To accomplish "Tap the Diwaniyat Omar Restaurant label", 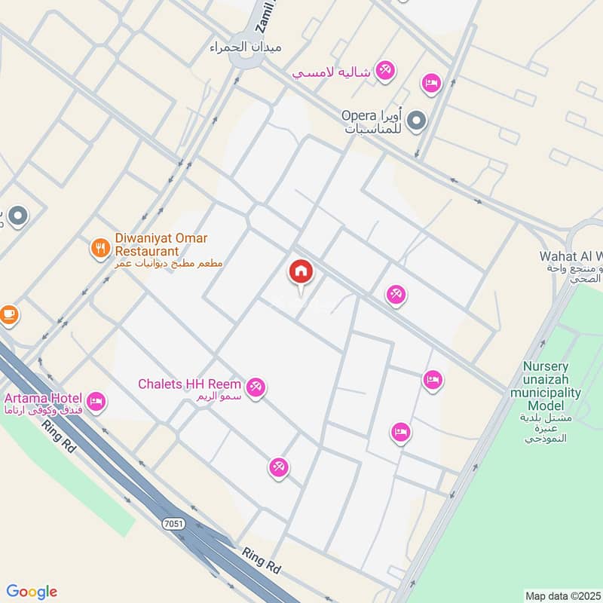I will (x=161, y=244).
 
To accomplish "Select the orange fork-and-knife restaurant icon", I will (x=99, y=247).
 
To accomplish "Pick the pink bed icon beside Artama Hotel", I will (x=96, y=401).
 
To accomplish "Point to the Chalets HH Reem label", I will (x=189, y=384).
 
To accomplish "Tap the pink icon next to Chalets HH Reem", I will (x=256, y=387).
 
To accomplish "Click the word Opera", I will (x=359, y=116).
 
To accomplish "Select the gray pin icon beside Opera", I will (x=416, y=121).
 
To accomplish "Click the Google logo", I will (x=32, y=592).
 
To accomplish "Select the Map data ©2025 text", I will (x=562, y=595).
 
